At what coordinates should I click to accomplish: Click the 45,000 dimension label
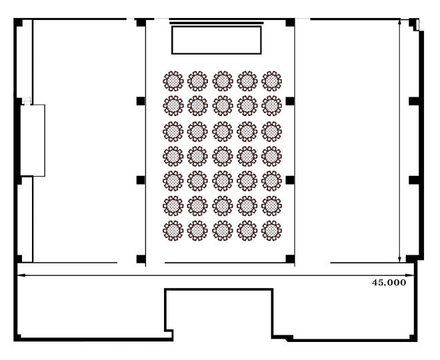389,282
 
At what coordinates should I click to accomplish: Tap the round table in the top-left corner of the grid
173,81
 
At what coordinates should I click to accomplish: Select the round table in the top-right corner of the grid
271,81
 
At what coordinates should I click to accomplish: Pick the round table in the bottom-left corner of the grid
173,231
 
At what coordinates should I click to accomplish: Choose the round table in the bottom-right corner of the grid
271,231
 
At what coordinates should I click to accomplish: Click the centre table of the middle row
223,156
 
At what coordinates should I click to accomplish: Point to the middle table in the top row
223,81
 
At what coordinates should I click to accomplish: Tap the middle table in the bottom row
223,231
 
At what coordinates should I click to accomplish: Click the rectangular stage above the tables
217,40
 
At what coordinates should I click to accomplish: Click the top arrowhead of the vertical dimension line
400,23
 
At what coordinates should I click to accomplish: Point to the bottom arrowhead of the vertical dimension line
400,259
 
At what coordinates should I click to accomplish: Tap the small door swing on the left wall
27,101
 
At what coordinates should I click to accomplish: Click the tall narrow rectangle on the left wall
33,140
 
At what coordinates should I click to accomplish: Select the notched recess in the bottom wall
219,289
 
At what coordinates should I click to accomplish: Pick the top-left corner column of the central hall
141,23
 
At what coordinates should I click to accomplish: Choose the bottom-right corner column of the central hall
290,259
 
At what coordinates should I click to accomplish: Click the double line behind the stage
217,23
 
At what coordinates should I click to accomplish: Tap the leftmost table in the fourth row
173,156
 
